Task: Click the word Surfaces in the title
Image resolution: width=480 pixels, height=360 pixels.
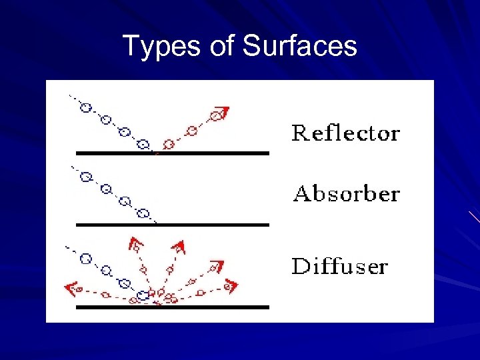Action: click(300, 47)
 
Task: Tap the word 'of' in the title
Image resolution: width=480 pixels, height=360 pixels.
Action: click(217, 47)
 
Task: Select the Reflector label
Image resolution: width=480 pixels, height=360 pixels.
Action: click(345, 133)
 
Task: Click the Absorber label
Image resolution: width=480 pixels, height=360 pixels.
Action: click(347, 194)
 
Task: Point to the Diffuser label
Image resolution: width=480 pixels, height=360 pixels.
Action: click(340, 267)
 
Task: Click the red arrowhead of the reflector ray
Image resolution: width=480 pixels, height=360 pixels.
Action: click(223, 111)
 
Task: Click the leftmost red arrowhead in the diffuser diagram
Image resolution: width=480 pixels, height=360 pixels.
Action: click(69, 288)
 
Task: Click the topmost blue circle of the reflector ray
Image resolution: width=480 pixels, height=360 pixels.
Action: click(85, 107)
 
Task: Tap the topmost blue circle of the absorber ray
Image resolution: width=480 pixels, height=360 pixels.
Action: click(85, 177)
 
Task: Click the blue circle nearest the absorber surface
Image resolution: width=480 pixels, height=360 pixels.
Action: click(142, 213)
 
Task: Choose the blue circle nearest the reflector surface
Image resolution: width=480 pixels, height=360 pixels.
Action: click(143, 143)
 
